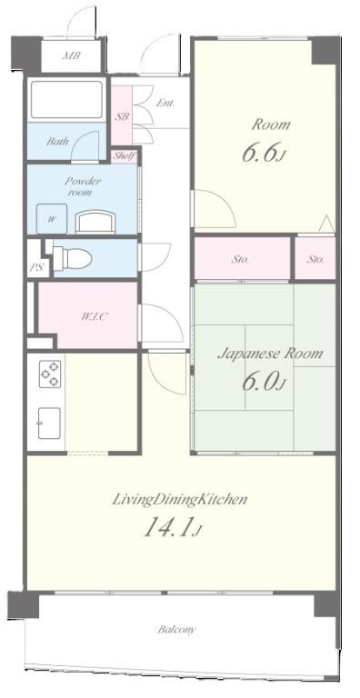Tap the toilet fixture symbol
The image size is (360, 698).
pyautogui.click(x=72, y=256)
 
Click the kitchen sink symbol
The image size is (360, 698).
pyautogui.click(x=49, y=423)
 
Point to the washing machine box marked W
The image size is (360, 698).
pyautogui.click(x=52, y=218)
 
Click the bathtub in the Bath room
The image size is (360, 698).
pyautogui.click(x=65, y=99)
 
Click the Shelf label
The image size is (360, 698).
pyautogui.click(x=124, y=155)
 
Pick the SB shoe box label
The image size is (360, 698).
pyautogui.click(x=122, y=116)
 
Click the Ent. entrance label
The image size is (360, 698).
pyautogui.click(x=165, y=103)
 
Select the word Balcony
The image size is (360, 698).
pyautogui.click(x=176, y=630)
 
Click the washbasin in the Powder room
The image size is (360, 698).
pyautogui.click(x=95, y=221)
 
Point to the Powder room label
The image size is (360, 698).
pyautogui.click(x=84, y=186)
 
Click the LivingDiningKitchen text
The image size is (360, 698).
pyautogui.click(x=179, y=499)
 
